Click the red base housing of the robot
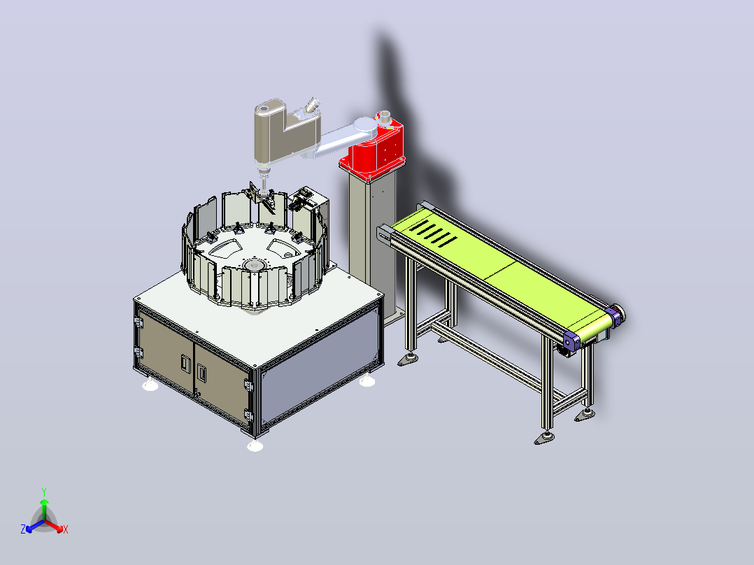[373, 149]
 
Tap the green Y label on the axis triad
[44, 492]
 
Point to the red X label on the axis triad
[66, 529]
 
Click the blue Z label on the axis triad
[23, 529]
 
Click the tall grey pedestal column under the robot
[373, 241]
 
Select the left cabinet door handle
[185, 362]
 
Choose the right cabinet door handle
[201, 373]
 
